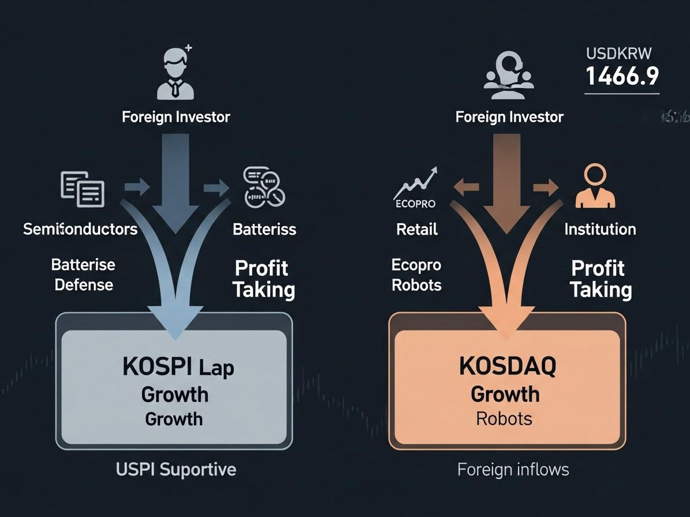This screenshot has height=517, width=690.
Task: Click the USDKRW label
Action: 618,54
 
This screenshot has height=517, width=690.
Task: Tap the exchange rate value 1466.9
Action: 622,76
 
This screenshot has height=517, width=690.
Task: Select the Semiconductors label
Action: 80,229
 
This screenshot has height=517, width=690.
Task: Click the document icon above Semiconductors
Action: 83,188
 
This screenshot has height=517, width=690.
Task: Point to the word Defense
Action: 84,284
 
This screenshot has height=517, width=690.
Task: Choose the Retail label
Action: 417,229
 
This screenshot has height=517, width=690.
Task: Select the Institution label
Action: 600,229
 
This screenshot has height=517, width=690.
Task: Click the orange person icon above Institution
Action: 595,186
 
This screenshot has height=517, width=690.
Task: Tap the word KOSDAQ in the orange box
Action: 508,366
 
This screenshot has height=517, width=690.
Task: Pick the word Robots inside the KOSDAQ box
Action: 504,418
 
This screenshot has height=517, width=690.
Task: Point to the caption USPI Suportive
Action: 176,469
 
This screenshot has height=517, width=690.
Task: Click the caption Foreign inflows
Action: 513,470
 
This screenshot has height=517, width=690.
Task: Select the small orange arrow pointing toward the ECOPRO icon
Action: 466,187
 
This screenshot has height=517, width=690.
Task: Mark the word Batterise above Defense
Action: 83,265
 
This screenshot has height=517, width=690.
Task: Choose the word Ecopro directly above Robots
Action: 416,265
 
